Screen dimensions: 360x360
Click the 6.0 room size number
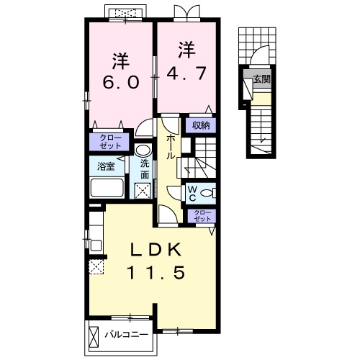point(121,82)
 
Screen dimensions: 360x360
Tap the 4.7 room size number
point(186,73)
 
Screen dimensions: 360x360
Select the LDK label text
point(156,250)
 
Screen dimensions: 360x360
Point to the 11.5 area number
point(156,272)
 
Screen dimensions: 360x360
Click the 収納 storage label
point(201,125)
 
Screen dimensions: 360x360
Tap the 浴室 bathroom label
point(106,166)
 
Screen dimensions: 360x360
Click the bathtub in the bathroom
point(107,187)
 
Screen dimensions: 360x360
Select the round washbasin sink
point(143,150)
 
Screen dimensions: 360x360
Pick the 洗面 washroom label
point(145,169)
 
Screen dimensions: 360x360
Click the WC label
point(192,194)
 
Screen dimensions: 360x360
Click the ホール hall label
point(170,146)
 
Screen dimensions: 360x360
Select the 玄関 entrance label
point(262,78)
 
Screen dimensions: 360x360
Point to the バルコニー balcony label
point(127,335)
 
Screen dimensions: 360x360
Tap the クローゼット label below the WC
point(203,216)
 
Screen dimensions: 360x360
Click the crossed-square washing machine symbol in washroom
point(143,191)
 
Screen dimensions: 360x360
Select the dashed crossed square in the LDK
point(96,266)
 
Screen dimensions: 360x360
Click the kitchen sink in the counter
point(96,245)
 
